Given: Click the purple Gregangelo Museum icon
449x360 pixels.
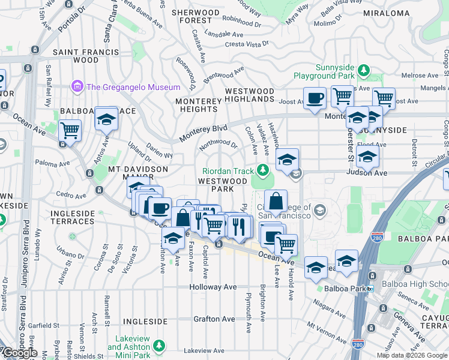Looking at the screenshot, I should tap(77, 87).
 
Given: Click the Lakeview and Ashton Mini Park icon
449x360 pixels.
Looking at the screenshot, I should tap(158, 346).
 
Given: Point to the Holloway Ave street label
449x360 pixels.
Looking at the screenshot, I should tap(213, 287).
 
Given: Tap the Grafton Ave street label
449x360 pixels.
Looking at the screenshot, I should tap(214, 311).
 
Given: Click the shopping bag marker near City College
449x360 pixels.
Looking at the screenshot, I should tap(276, 202).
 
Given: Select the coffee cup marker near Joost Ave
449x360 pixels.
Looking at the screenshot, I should tap(315, 98).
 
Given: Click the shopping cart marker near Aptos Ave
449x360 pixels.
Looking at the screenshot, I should tap(70, 130).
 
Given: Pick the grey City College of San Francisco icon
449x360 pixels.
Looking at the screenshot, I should tap(320, 210).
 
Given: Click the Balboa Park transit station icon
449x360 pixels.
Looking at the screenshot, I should tap(370, 289).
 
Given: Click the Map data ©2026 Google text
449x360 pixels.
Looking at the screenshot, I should tap(412, 355).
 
